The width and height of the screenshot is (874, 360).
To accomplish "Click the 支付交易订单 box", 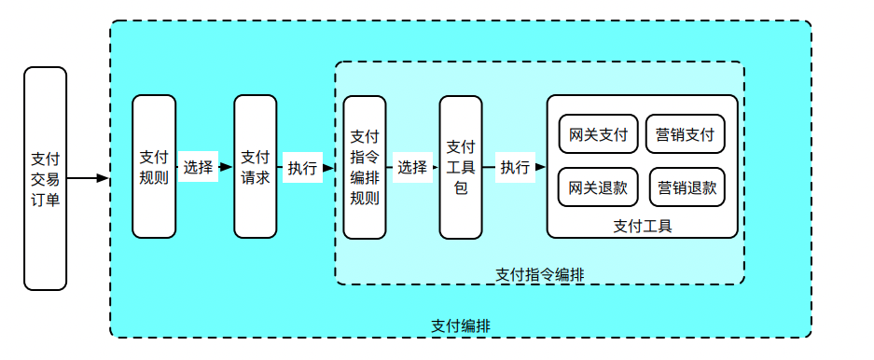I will tap(45, 178).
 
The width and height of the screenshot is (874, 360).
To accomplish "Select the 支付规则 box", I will tap(154, 167).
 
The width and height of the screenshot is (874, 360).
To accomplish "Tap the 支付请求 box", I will tap(256, 167).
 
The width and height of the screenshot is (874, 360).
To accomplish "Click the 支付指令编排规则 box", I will tap(365, 167).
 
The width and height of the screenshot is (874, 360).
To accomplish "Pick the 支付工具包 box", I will tap(461, 167).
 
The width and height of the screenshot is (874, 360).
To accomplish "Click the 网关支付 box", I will tap(598, 134).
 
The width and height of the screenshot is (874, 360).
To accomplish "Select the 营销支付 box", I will tap(685, 134).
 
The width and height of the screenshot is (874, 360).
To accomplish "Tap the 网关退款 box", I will tap(598, 187).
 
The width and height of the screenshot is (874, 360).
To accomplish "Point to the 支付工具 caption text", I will tap(643, 225).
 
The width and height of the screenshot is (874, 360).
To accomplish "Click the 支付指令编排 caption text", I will tap(540, 274).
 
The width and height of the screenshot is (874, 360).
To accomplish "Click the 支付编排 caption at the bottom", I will tap(461, 325).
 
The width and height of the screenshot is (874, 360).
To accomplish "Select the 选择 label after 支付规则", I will tap(199, 168).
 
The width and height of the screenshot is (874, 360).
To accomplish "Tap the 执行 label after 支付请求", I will tap(301, 168).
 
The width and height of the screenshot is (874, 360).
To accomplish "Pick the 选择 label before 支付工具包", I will tap(411, 168).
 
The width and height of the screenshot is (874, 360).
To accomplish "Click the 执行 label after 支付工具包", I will tap(515, 168).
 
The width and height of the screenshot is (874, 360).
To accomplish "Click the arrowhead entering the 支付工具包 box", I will tap(434, 168).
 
